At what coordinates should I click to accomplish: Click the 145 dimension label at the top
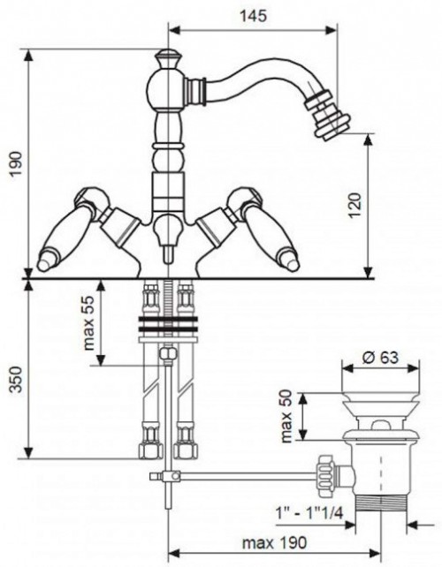[x=254, y=15]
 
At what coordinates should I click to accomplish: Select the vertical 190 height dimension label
[x=16, y=163]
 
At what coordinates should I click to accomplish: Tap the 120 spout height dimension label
[x=355, y=206]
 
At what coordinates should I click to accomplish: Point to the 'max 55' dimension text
[x=88, y=323]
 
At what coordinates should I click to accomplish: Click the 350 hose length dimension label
[x=16, y=379]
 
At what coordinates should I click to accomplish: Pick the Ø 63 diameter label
[x=380, y=358]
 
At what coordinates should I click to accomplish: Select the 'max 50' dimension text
[x=286, y=416]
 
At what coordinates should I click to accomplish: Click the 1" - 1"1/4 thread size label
[x=309, y=513]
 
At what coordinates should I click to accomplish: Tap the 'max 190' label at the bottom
[x=274, y=542]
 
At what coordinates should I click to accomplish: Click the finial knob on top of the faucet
[x=168, y=59]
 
